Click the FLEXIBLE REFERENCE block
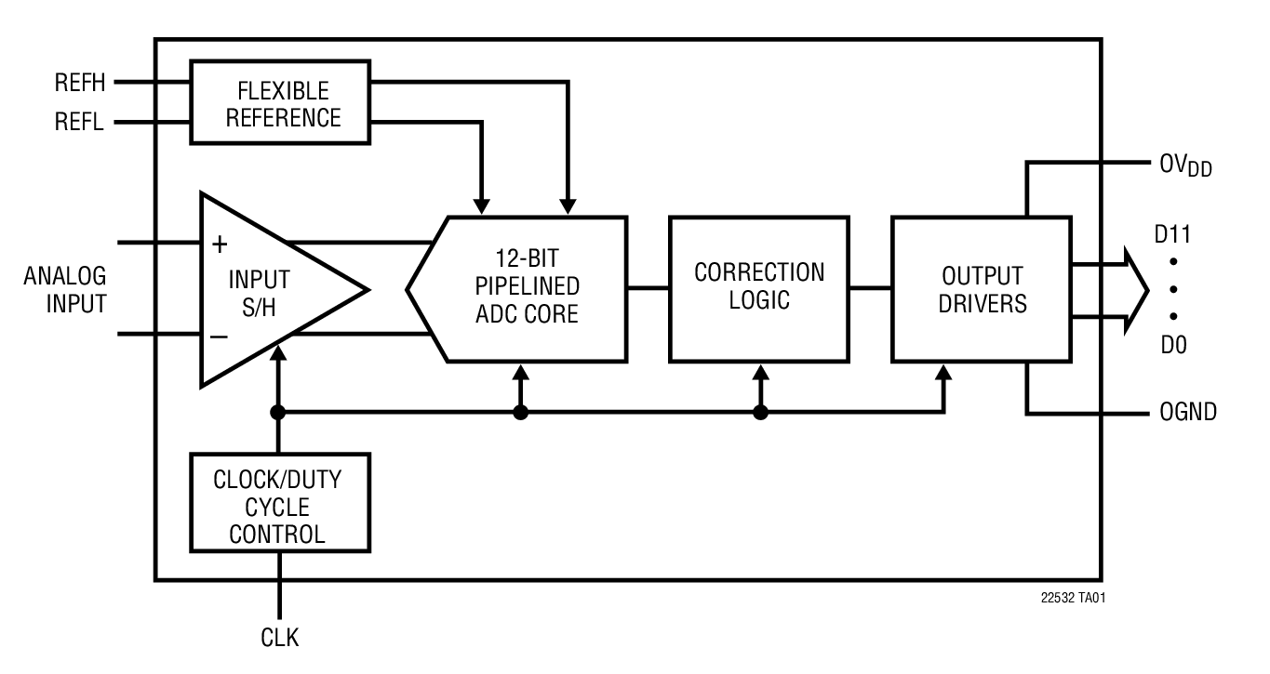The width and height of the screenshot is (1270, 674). point(280,103)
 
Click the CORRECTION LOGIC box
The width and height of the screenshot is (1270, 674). point(759,287)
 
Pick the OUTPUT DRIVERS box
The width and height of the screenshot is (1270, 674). point(982,289)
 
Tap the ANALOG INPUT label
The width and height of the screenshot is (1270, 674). point(64,290)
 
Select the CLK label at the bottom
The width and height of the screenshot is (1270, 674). point(279,638)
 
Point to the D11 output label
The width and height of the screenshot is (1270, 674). point(1174,235)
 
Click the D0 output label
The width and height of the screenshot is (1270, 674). point(1172,345)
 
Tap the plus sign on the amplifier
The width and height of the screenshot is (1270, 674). point(220,245)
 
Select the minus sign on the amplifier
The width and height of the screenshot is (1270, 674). point(220,336)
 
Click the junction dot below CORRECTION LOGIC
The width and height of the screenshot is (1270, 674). point(760,413)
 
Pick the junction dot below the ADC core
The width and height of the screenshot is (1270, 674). point(521,413)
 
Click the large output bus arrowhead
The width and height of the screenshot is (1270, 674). point(1135,290)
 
